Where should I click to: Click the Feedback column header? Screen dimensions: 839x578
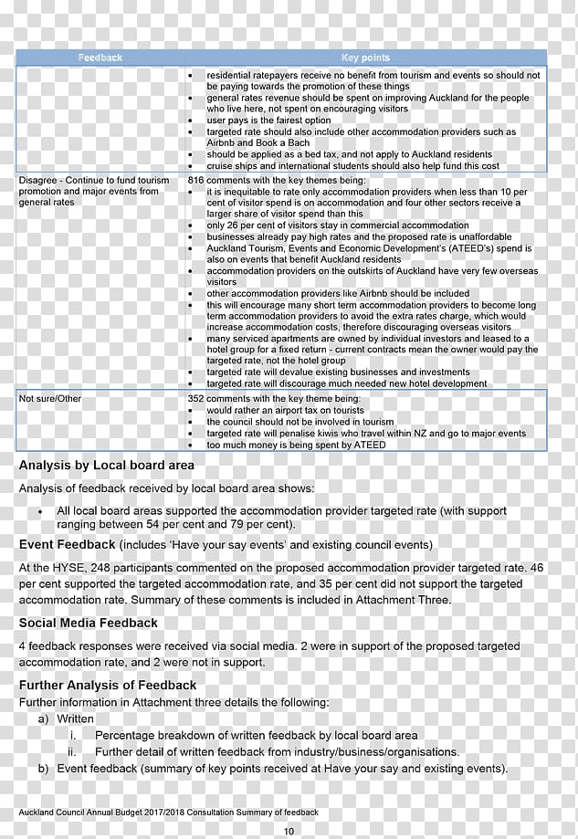tap(100, 58)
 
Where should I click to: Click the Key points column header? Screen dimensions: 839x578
tap(364, 58)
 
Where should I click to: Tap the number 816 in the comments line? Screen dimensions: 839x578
tap(195, 181)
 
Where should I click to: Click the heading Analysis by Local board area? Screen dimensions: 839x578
tap(106, 466)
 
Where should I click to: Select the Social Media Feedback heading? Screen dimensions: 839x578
tap(89, 623)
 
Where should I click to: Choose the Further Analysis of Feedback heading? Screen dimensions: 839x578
tap(108, 685)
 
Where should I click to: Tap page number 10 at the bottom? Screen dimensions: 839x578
tap(289, 830)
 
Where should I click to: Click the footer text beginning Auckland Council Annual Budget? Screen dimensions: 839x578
tap(169, 812)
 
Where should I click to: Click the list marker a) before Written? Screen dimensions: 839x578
tap(43, 719)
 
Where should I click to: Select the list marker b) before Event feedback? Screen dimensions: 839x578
tap(43, 769)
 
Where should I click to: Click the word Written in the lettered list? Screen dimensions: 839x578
tap(75, 719)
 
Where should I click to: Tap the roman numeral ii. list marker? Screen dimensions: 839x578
tap(74, 752)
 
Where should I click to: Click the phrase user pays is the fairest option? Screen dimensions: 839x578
tap(268, 121)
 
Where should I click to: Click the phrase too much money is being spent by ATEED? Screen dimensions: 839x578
tap(296, 445)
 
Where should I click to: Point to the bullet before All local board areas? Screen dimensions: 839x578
tap(40, 511)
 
